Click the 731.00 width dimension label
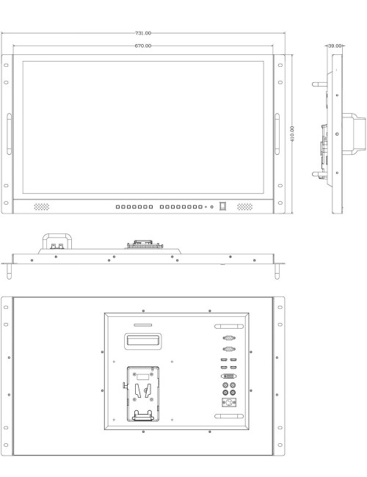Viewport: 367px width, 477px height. [x=143, y=33]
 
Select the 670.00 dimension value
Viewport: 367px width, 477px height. [x=143, y=45]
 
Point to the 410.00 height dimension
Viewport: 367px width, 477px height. [x=292, y=134]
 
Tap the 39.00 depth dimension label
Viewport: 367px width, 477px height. [x=335, y=45]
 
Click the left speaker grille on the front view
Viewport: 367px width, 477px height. [x=41, y=207]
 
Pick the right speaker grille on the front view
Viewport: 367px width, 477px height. [x=244, y=207]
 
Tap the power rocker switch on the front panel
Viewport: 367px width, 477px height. [x=222, y=206]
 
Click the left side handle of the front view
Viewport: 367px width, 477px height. [x=9, y=134]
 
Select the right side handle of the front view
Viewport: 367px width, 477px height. [x=277, y=134]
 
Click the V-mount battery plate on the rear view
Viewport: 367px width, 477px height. [x=142, y=394]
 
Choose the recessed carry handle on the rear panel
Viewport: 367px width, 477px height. [x=142, y=341]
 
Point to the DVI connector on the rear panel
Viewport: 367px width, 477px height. [x=228, y=376]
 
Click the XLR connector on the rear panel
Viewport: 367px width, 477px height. [x=229, y=402]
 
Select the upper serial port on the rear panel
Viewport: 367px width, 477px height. [x=229, y=338]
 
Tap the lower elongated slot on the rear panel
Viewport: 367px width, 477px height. [x=229, y=416]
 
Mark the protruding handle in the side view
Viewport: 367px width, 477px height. [x=354, y=134]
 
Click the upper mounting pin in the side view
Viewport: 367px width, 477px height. [x=319, y=84]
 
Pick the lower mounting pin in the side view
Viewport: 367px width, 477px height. [x=319, y=175]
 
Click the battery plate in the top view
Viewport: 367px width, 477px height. [x=145, y=244]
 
